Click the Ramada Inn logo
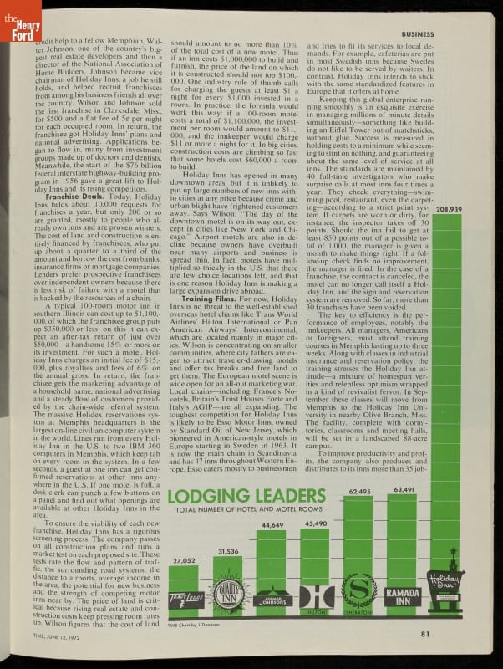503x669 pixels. [x=404, y=597]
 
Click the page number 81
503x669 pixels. [x=424, y=633]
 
